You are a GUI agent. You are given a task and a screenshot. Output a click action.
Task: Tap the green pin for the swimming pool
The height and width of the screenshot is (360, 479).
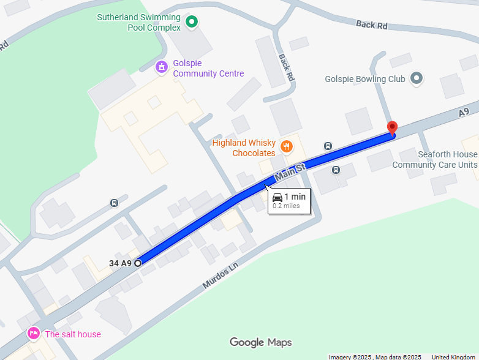point(192,23)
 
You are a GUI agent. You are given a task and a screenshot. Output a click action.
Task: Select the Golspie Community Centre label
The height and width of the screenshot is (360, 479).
point(208,69)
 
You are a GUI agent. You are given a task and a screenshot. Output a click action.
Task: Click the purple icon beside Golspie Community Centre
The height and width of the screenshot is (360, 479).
point(162,67)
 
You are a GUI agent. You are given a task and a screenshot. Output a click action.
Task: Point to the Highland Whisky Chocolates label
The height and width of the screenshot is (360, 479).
point(244,148)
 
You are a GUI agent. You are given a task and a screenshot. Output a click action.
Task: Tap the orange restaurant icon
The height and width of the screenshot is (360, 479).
point(286,146)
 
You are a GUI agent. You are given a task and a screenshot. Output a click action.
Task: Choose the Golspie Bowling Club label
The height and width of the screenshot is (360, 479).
point(365,79)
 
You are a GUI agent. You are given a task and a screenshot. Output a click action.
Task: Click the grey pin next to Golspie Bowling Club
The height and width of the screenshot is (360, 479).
point(417,78)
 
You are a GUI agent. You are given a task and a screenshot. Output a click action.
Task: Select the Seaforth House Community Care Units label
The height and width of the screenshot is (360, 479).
point(434,160)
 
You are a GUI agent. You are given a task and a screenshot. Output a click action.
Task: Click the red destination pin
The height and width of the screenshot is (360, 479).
point(393,129)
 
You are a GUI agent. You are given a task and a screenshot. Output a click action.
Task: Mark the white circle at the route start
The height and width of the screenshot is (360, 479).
point(138,263)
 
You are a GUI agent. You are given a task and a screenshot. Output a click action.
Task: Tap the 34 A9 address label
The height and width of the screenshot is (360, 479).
point(120,263)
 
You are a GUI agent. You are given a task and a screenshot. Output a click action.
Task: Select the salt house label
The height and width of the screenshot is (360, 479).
point(72,334)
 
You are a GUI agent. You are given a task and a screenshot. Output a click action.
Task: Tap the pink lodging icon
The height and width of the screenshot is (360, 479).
point(34,334)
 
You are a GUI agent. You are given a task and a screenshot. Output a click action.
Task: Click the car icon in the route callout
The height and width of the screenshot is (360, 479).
point(277,197)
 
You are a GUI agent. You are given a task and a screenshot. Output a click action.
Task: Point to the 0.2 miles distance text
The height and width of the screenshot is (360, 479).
point(286,206)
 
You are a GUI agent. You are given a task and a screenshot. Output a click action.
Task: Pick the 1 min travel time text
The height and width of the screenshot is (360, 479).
point(295,197)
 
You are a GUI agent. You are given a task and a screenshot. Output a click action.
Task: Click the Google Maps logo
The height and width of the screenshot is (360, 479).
point(260,342)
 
